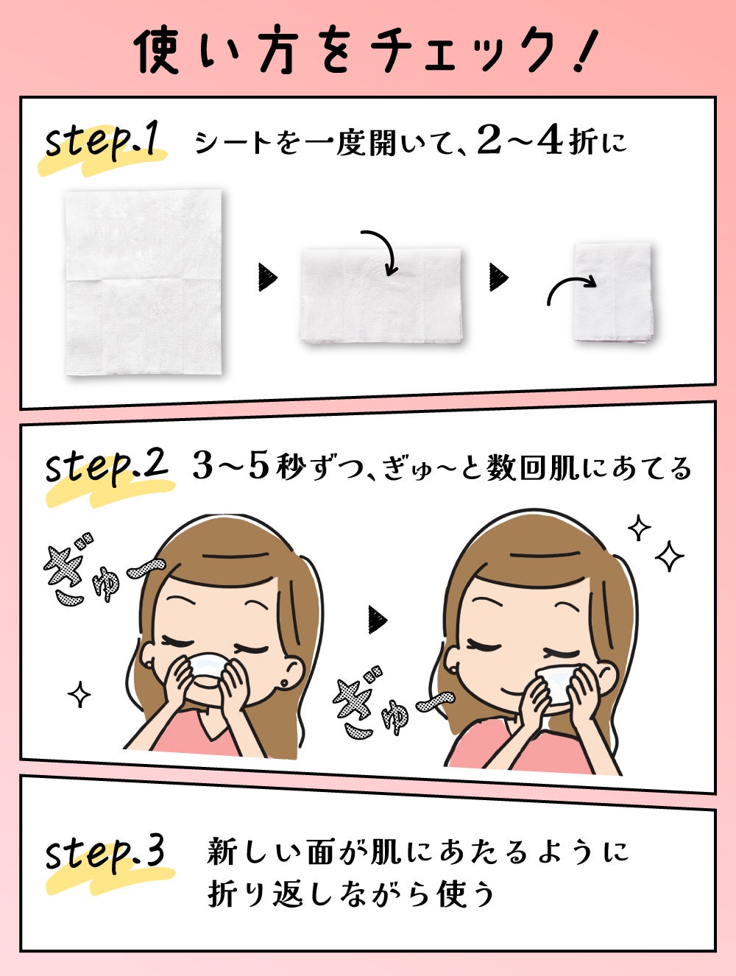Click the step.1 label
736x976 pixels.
point(103,142)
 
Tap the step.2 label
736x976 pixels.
point(107,467)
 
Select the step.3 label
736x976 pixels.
point(105,854)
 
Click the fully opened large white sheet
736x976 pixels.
point(144,283)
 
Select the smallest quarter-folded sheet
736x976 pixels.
point(613,292)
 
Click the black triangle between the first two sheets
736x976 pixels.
point(268,277)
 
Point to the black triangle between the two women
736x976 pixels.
point(378,620)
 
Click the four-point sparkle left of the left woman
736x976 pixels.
point(79,694)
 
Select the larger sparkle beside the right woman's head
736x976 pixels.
point(670,556)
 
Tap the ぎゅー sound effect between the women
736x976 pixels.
point(390,703)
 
